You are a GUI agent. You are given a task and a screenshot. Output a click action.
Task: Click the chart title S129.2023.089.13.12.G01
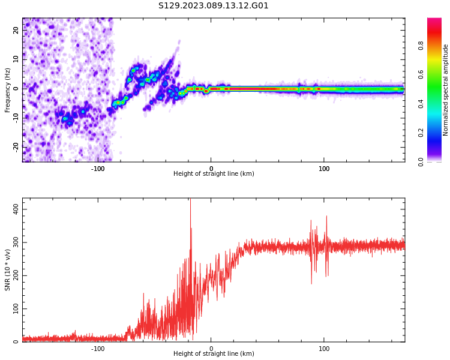tap(214, 6)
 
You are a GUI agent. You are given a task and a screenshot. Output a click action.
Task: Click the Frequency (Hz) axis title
tap(8, 90)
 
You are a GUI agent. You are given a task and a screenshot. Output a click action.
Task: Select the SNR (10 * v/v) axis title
tap(8, 271)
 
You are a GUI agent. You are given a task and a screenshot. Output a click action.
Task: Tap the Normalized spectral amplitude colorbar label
tap(446, 90)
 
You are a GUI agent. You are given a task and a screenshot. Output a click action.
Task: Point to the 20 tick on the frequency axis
tap(16, 30)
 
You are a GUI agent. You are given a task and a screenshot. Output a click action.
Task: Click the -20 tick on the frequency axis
tap(16, 146)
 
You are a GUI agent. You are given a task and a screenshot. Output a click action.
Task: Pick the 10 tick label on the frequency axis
tap(16, 59)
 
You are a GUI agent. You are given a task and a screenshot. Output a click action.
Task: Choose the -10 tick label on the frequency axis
tap(16, 117)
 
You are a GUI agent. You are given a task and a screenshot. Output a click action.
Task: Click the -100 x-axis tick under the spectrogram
tap(98, 169)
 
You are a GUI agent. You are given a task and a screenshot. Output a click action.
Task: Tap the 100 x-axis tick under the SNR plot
tap(324, 349)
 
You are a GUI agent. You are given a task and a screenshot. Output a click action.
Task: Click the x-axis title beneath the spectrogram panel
tap(214, 174)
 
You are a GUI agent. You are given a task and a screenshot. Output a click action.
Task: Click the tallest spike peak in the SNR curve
tap(190, 200)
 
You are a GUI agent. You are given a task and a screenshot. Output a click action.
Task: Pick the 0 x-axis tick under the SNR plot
tap(211, 349)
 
